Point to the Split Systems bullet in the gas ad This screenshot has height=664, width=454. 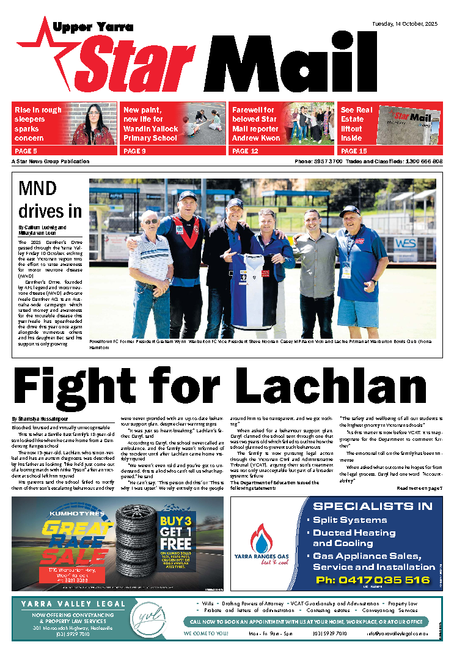pyautogui.click(x=350, y=520)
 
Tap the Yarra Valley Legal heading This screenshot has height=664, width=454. pyautogui.click(x=72, y=604)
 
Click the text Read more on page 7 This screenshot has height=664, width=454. pyautogui.click(x=419, y=488)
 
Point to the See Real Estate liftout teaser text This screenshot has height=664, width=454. pyautogui.click(x=356, y=124)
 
